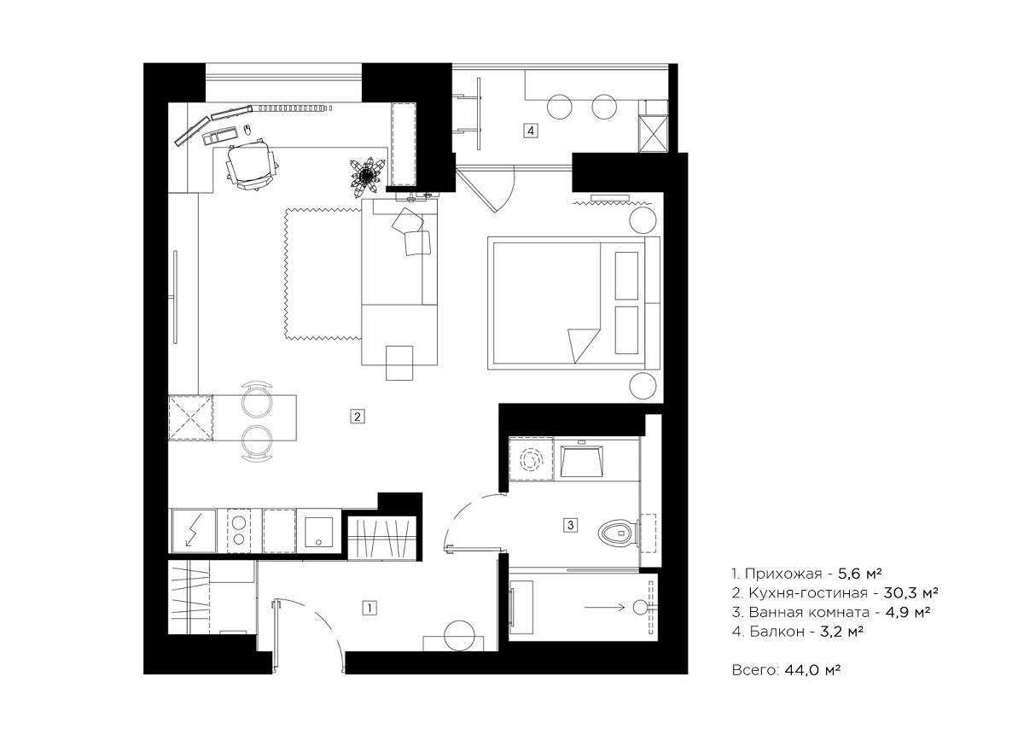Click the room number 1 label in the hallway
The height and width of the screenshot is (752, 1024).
369,608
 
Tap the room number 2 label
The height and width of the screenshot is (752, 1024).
358,417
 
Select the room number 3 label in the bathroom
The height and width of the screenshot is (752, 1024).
570,525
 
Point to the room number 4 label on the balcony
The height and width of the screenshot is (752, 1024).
530,131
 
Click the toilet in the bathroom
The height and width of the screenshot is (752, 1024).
618,533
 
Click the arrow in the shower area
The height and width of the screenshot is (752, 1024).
604,608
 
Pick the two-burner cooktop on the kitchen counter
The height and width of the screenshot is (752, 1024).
239,531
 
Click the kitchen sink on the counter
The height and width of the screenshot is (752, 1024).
318,532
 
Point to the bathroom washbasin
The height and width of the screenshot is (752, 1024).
581,462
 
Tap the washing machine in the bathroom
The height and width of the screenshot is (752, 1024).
531,458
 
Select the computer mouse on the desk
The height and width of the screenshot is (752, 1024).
247,130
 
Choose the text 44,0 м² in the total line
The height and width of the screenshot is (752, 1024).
812,670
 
